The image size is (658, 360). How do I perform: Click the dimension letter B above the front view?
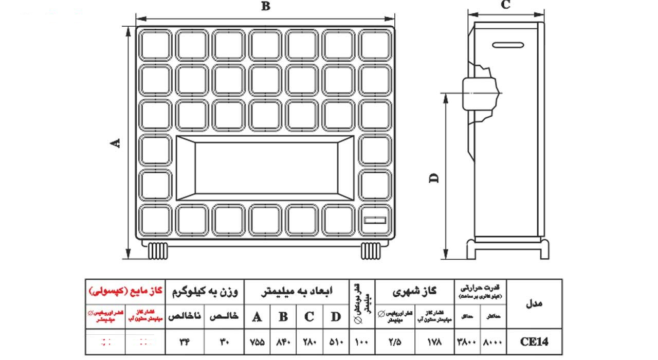(x=265, y=6)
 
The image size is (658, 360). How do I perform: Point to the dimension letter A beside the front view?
(x=117, y=143)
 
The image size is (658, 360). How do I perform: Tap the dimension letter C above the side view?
(x=505, y=5)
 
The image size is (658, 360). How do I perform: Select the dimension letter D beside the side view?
(x=434, y=177)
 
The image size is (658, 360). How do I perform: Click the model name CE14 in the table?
(x=534, y=341)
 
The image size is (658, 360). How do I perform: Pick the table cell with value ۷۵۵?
(x=257, y=341)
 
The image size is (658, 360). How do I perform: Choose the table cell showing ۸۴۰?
(x=283, y=341)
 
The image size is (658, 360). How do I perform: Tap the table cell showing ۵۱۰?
(x=335, y=341)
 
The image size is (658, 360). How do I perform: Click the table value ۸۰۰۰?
(x=493, y=341)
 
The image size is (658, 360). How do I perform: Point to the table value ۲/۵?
(x=394, y=341)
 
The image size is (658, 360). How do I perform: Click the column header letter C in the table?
(x=309, y=316)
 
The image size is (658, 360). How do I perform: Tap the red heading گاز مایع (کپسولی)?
(x=125, y=291)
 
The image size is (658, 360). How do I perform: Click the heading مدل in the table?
(x=534, y=303)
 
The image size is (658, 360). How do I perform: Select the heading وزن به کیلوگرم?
(x=205, y=291)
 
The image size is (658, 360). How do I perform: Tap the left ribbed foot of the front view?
(x=157, y=250)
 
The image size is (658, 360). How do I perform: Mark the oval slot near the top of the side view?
(x=510, y=45)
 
